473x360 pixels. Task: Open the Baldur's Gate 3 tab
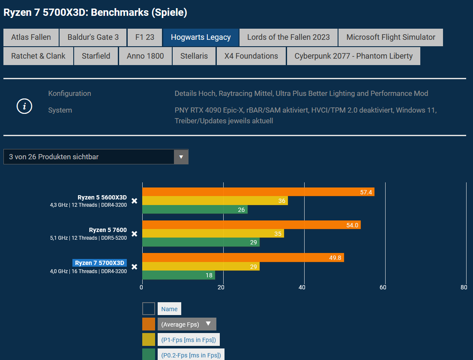pyautogui.click(x=93, y=37)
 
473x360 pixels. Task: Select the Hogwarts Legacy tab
pyautogui.click(x=201, y=37)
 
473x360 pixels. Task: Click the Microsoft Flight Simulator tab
pyautogui.click(x=391, y=37)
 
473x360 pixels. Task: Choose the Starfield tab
pyautogui.click(x=96, y=56)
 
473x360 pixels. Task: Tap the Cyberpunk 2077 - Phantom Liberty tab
pyautogui.click(x=353, y=56)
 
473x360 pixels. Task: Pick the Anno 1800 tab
pyautogui.click(x=145, y=56)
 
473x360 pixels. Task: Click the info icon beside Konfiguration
pyautogui.click(x=24, y=106)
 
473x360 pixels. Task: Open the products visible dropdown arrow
pyautogui.click(x=181, y=157)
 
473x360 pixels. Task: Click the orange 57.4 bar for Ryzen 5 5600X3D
pyautogui.click(x=258, y=192)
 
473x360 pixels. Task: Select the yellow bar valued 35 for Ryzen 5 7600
pyautogui.click(x=213, y=233)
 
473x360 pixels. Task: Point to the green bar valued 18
pyautogui.click(x=178, y=275)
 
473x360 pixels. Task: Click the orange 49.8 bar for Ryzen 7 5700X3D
pyautogui.click(x=243, y=258)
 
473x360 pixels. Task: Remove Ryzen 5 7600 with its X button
pyautogui.click(x=134, y=234)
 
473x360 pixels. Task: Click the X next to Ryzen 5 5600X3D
pyautogui.click(x=134, y=201)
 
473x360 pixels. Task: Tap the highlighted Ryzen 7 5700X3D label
pyautogui.click(x=99, y=263)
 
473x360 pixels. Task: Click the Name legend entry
pyautogui.click(x=169, y=309)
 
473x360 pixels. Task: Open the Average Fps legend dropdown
pyautogui.click(x=186, y=324)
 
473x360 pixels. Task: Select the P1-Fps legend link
pyautogui.click(x=189, y=340)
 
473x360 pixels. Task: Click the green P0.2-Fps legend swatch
pyautogui.click(x=149, y=354)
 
